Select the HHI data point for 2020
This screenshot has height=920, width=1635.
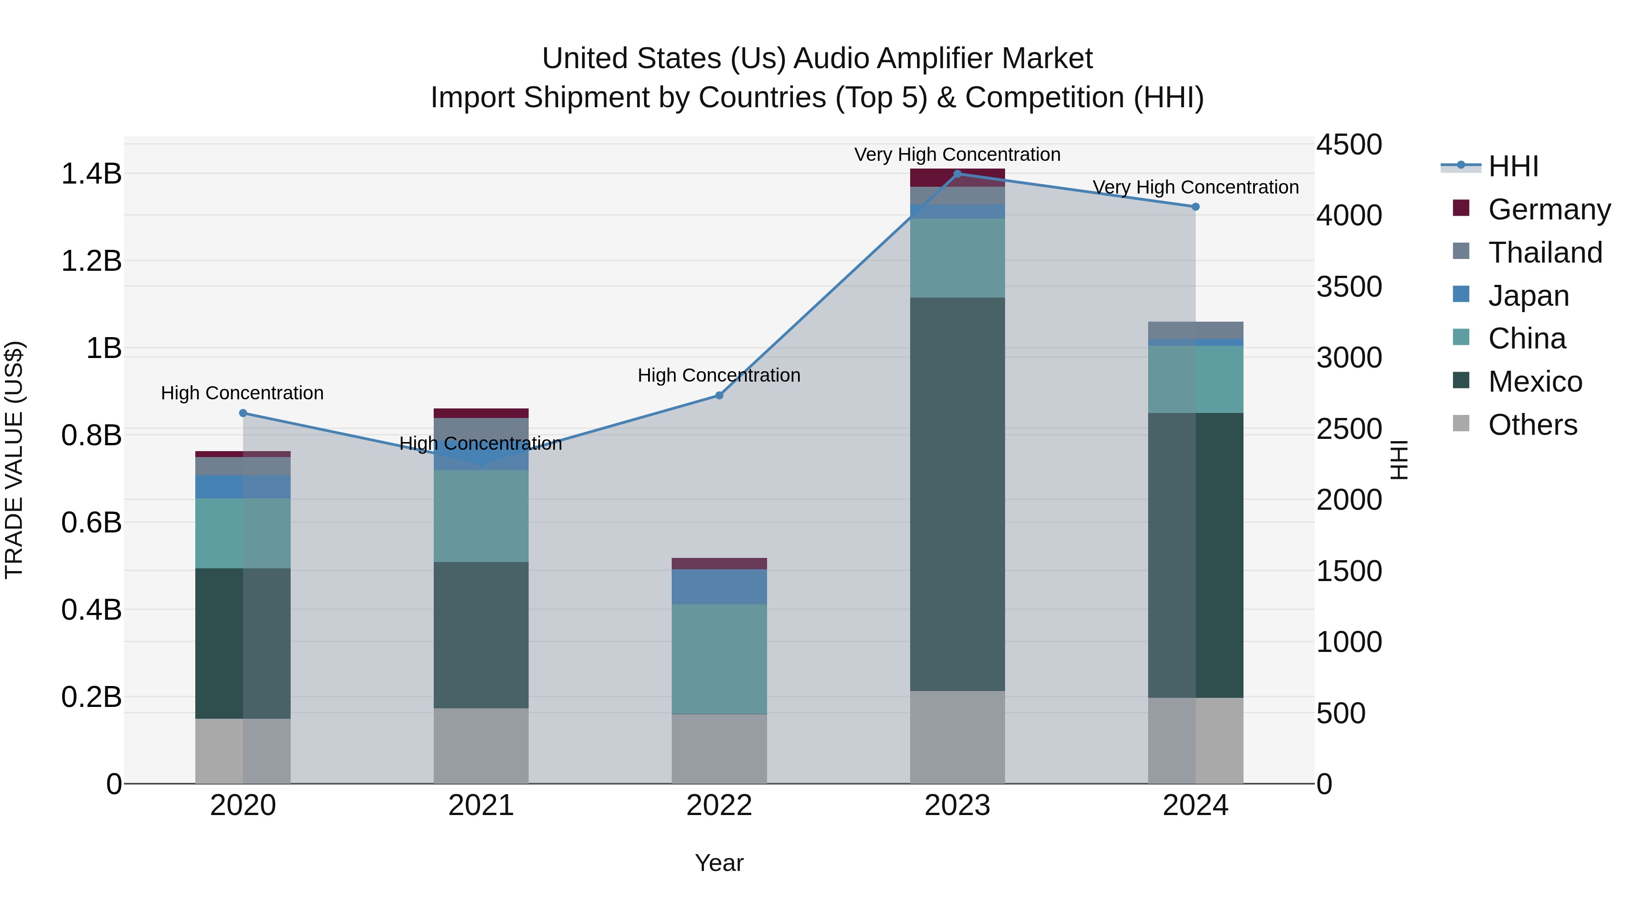[x=243, y=413]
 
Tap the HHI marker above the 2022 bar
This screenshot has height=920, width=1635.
[x=719, y=396]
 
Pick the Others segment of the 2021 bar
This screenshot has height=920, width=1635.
[x=481, y=746]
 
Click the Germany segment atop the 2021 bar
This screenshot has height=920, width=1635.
[x=481, y=413]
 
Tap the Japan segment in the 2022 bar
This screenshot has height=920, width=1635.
[x=719, y=587]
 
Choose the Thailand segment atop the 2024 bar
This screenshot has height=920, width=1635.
[x=1195, y=330]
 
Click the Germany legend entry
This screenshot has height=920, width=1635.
[x=1549, y=209]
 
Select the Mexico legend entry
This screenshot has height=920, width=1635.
[x=1535, y=382]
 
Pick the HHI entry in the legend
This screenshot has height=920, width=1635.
[x=1513, y=166]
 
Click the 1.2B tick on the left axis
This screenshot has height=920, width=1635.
[x=91, y=261]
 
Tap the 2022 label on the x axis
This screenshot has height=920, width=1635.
[x=719, y=806]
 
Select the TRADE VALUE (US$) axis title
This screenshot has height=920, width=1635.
[x=14, y=460]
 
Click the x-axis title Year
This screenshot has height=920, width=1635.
[x=719, y=863]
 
